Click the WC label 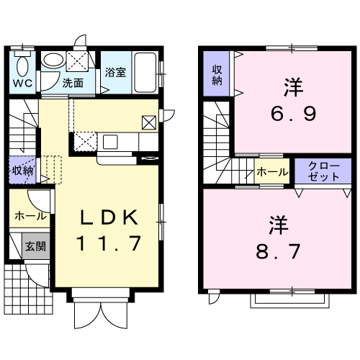tap(22, 83)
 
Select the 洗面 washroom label tap(73, 83)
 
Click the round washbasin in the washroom tap(53, 60)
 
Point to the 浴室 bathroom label tap(115, 72)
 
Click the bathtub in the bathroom tap(145, 73)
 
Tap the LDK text tap(109, 217)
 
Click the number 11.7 tap(109, 243)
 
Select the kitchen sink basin tap(110, 142)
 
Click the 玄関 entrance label tap(35, 246)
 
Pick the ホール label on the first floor tap(30, 217)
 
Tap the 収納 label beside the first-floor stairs tap(22, 171)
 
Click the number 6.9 tap(293, 114)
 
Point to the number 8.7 tap(278, 251)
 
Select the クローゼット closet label tap(323, 171)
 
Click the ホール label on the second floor tap(272, 172)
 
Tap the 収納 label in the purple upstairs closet tap(217, 76)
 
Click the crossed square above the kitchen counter tap(149, 122)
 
